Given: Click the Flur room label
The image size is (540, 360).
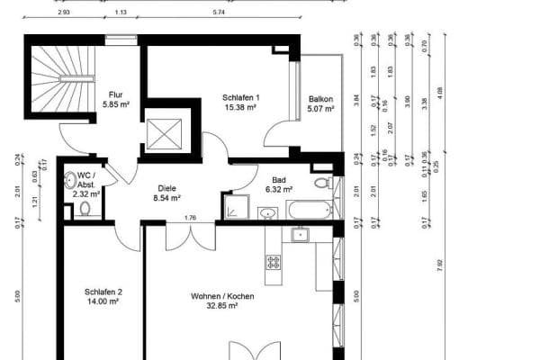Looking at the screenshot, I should point(116,94).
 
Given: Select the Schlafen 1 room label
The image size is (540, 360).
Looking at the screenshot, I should point(241,98).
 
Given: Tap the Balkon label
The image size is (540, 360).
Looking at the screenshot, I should point(320,100).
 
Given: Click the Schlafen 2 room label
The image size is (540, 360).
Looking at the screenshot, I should point(103,292).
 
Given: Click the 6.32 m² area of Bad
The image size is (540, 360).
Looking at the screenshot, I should point(279,190).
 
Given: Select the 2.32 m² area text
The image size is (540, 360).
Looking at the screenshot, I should point(86,193).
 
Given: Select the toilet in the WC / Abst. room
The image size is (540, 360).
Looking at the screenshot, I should point(84,210).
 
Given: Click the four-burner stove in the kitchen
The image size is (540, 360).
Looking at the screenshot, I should point(273,262).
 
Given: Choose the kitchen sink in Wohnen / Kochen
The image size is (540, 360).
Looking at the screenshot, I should point(300,236).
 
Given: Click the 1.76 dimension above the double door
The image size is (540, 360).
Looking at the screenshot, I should point(191,217).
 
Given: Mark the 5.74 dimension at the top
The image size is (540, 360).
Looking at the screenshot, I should point(218,13).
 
